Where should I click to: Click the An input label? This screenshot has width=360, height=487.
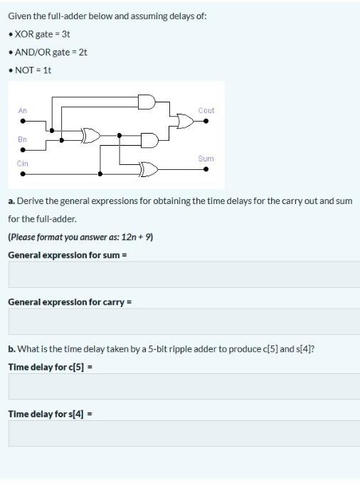(22, 110)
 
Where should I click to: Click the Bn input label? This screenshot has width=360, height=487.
(22, 139)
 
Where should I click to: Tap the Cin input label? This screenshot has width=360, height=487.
(23, 164)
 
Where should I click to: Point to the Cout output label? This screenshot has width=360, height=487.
(206, 110)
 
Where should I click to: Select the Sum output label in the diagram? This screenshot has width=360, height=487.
(206, 159)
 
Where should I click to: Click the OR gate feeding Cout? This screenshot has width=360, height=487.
(185, 122)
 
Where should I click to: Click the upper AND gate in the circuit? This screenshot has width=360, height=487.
(146, 102)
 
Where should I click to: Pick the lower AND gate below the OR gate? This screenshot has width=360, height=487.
(150, 140)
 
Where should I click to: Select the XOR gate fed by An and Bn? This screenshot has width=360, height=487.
(91, 135)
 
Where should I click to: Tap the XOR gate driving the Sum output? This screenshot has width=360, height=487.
(149, 169)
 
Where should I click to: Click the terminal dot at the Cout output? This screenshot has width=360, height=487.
(206, 122)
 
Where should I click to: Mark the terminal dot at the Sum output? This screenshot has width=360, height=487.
(206, 170)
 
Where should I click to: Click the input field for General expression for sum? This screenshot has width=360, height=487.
(184, 274)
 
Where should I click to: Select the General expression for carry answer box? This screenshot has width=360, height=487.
(184, 321)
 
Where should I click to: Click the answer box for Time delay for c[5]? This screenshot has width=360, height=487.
(184, 386)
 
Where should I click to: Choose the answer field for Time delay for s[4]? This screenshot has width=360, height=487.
(184, 433)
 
